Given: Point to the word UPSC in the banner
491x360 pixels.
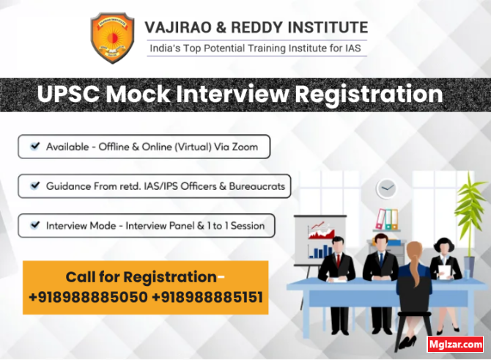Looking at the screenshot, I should point(68,95).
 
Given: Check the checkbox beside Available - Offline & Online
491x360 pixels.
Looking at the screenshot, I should point(34,147).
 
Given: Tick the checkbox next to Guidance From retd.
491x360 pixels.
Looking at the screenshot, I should point(34,186).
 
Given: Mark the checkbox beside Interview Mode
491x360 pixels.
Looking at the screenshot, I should point(34,225).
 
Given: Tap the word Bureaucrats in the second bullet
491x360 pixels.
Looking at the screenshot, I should point(256,186).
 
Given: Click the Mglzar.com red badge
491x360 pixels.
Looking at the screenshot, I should point(455,343).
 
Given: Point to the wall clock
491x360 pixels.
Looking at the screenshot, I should point(386,188).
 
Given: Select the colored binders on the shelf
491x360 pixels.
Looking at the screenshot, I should point(386,219).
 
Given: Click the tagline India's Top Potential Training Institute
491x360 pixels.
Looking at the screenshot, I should point(254,48).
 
